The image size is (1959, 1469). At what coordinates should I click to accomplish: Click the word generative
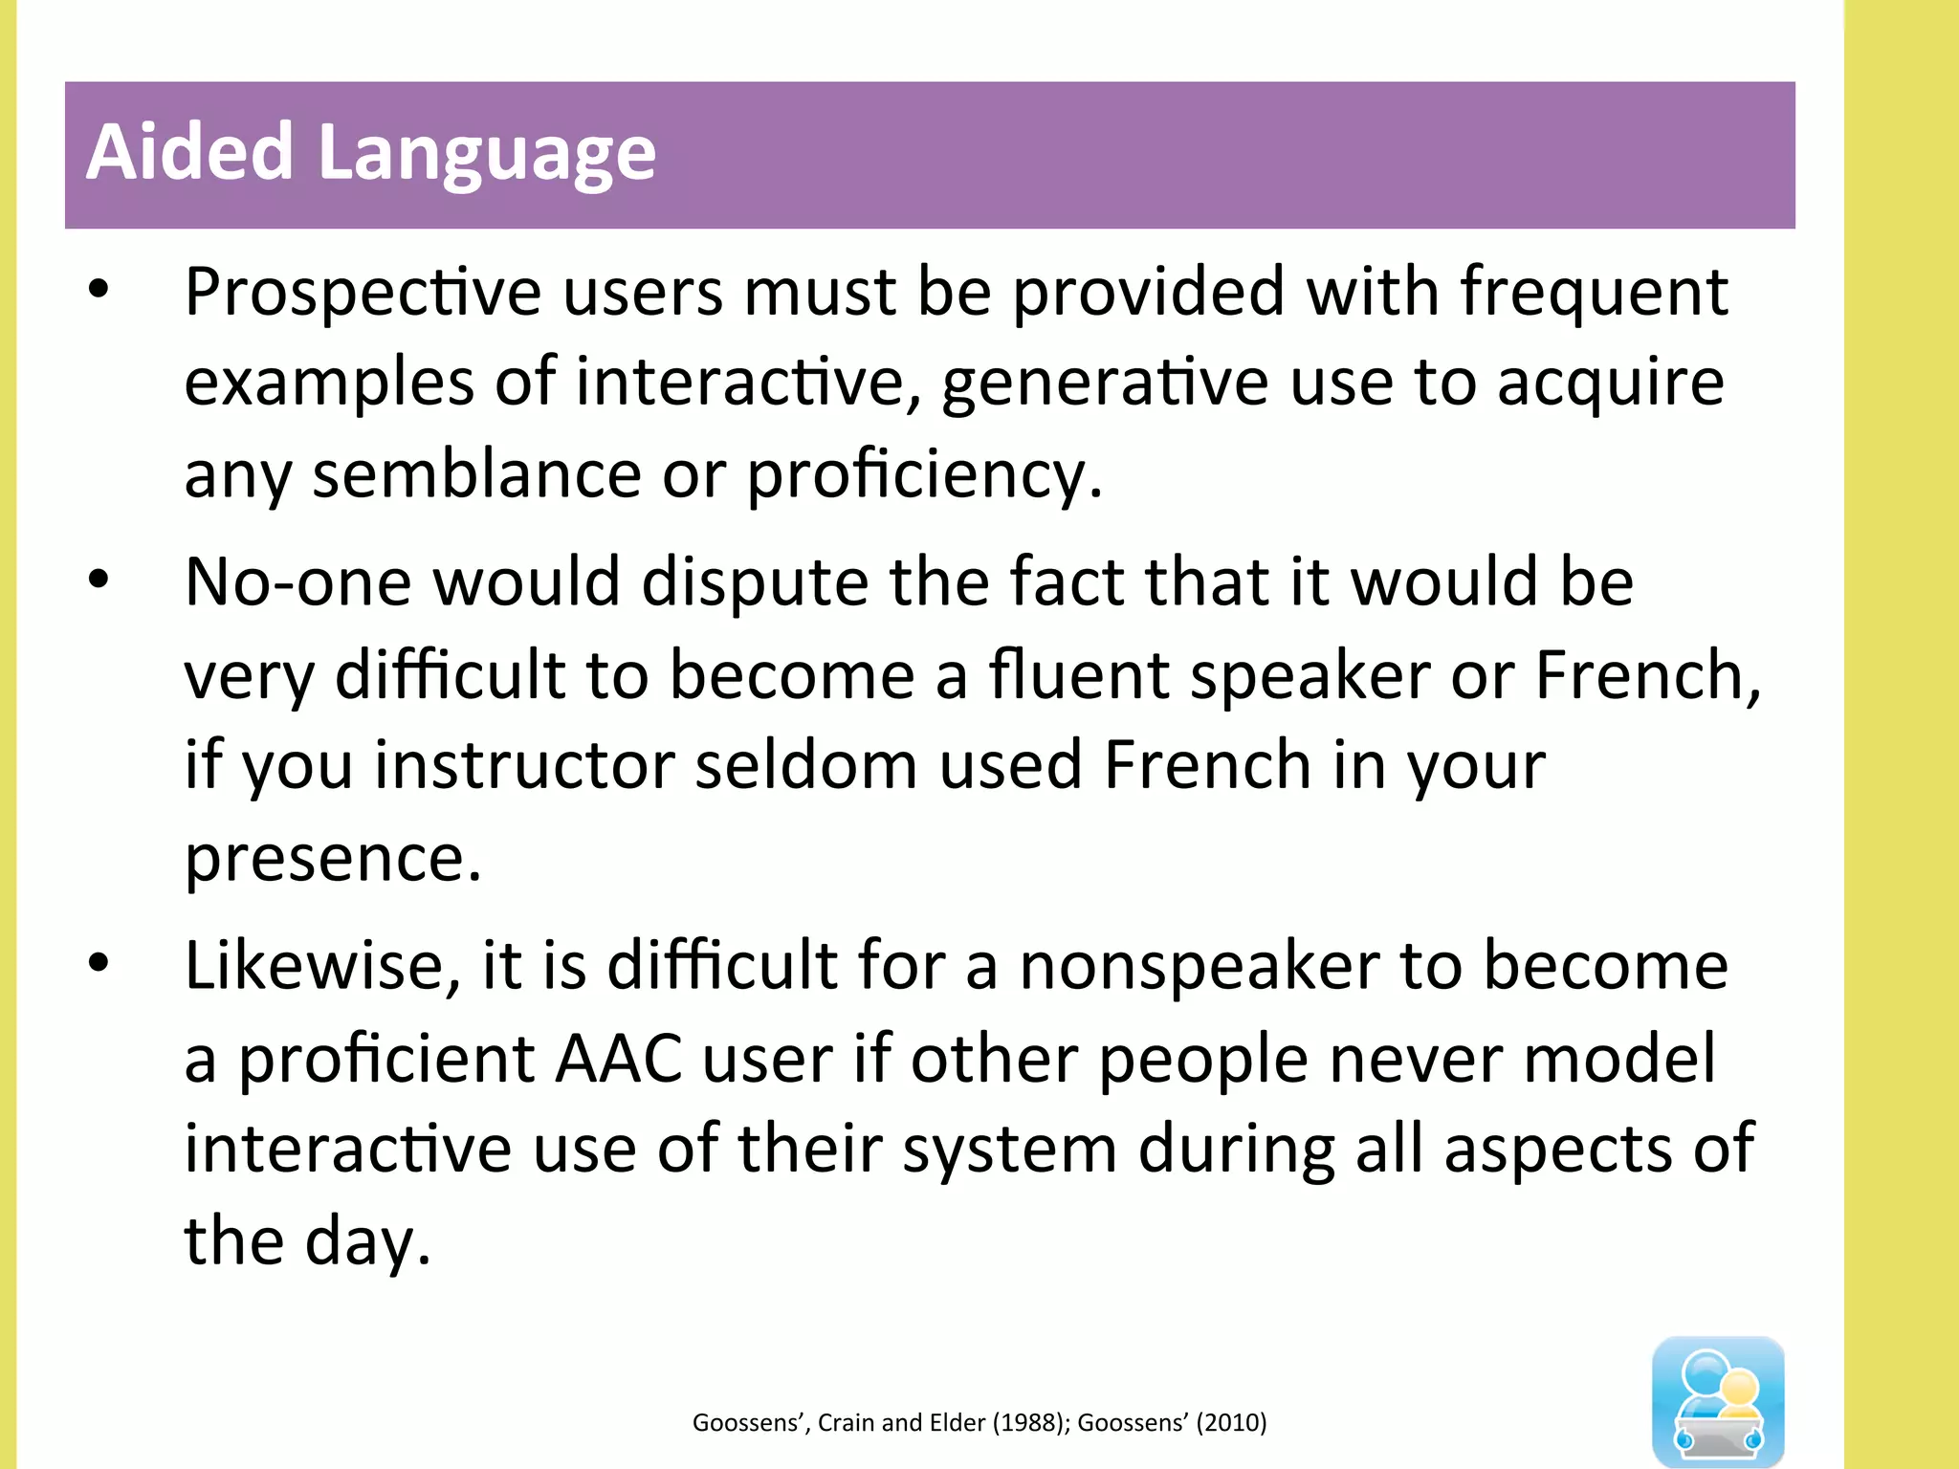1105,383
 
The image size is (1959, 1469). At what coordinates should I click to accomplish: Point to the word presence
332,858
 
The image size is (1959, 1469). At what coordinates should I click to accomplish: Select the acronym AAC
619,1059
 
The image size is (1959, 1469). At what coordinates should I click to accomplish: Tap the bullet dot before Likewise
99,963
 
